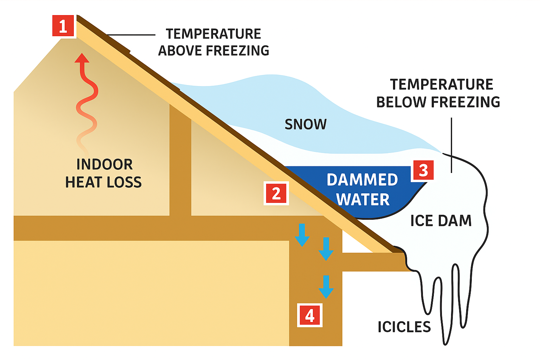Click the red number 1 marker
63,26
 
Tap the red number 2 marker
276,193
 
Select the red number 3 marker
423,171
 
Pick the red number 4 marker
310,315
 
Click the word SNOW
306,124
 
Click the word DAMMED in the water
362,180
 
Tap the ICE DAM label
441,221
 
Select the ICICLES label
404,327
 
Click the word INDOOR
104,165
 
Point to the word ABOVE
180,51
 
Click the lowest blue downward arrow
326,287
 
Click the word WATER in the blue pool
363,200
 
